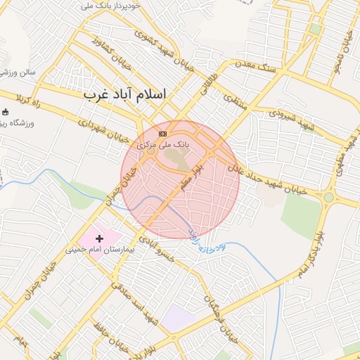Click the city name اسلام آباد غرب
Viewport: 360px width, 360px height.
pyautogui.click(x=125, y=94)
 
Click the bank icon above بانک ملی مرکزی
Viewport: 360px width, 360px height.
pyautogui.click(x=163, y=134)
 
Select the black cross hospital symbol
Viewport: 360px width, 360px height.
pyautogui.click(x=99, y=239)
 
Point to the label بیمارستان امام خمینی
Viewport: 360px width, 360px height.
pyautogui.click(x=98, y=249)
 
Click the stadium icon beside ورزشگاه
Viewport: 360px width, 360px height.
pyautogui.click(x=6, y=112)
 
